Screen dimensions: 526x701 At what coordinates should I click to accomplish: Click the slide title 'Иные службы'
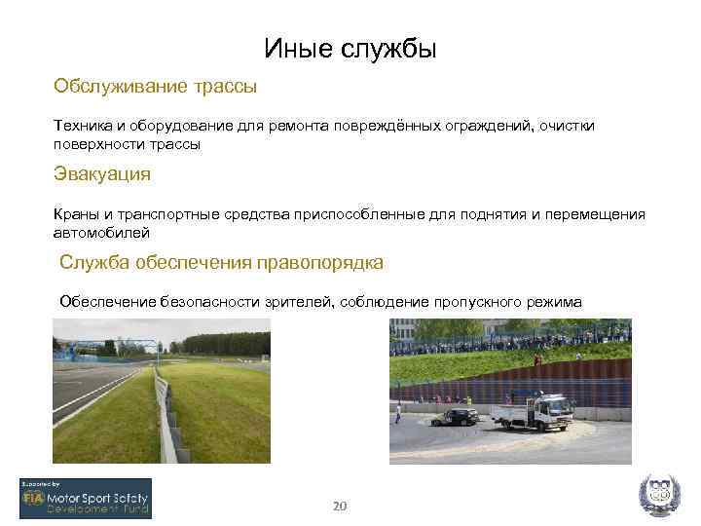[x=350, y=49]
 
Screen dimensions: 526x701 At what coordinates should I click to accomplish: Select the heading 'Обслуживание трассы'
[x=155, y=87]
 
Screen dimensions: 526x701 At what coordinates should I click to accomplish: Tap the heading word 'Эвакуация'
[x=101, y=173]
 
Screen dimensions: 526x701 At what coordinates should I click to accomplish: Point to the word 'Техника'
[x=82, y=126]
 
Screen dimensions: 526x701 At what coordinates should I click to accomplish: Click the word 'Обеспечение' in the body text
[x=107, y=302]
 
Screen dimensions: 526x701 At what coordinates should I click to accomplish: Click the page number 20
[x=340, y=506]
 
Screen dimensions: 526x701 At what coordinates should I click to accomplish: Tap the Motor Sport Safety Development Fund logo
[x=86, y=498]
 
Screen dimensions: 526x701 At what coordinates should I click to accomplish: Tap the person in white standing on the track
[x=397, y=414]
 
